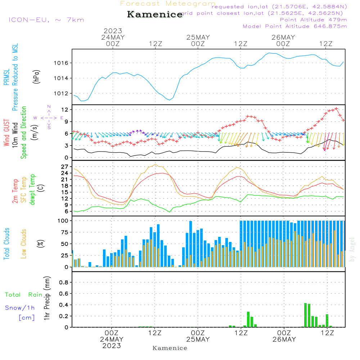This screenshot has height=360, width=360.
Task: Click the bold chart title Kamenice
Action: [155, 15]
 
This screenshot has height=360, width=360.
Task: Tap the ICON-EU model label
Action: [46, 20]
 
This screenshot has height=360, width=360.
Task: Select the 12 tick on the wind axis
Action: [66, 109]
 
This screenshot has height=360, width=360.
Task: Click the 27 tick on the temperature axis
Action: [65, 167]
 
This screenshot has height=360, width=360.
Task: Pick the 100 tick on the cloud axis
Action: [64, 221]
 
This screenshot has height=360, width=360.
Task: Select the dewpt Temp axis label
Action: [32, 190]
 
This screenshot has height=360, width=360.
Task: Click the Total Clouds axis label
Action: [7, 244]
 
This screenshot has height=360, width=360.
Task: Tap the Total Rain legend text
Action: [24, 295]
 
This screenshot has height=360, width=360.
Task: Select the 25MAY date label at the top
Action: [198, 37]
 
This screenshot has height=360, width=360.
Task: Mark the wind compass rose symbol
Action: [49, 117]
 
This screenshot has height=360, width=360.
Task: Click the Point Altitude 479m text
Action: [313, 19]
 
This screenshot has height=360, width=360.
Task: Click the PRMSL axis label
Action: [7, 65]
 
